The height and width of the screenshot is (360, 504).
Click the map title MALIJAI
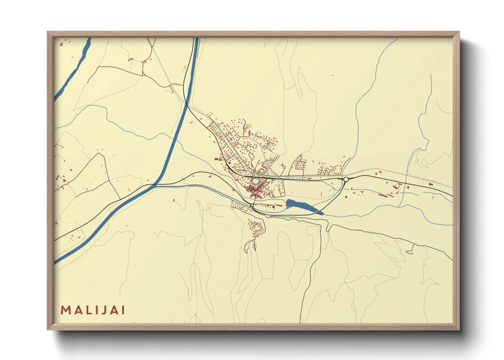click(x=93, y=310)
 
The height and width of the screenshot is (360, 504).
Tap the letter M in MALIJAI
click(x=65, y=310)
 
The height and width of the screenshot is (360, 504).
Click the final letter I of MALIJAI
click(x=123, y=310)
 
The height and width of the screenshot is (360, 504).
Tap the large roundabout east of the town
click(x=346, y=179)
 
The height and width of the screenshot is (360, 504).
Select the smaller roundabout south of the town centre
click(x=252, y=206)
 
